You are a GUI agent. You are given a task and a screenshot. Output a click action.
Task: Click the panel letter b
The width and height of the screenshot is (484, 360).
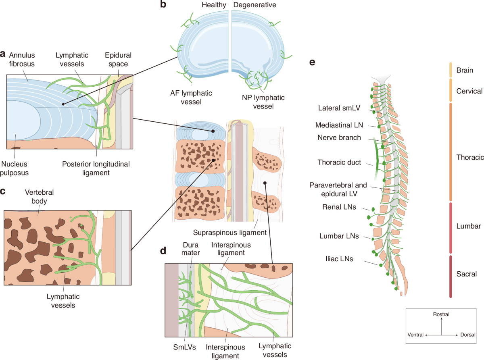(163, 4)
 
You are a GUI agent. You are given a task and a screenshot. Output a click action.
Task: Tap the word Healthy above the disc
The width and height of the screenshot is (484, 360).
(214, 5)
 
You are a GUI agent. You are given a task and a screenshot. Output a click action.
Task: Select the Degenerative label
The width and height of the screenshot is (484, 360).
(255, 5)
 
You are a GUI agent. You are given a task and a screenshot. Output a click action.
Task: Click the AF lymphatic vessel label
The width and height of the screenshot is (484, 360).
(191, 98)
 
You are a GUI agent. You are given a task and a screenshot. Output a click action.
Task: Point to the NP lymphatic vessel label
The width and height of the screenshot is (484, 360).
(263, 102)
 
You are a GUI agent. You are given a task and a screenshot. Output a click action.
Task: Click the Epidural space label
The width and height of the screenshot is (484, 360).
(118, 59)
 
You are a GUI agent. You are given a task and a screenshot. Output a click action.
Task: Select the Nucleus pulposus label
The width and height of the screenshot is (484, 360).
(15, 168)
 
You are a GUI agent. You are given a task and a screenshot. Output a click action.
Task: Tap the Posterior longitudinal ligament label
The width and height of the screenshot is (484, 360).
(96, 168)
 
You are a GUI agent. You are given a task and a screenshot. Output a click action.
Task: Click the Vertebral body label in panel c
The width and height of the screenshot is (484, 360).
(39, 197)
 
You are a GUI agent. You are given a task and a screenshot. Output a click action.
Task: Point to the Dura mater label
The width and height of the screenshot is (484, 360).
(191, 249)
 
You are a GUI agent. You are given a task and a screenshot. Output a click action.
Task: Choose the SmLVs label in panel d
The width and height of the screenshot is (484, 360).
(185, 347)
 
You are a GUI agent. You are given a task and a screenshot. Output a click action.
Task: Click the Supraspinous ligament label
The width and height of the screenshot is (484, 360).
(230, 233)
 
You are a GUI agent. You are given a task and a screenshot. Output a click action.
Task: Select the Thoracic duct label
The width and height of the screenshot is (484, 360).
(339, 162)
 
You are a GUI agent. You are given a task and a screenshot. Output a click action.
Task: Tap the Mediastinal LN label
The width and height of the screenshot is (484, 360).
(339, 125)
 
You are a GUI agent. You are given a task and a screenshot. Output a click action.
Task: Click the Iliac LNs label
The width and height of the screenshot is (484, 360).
(339, 259)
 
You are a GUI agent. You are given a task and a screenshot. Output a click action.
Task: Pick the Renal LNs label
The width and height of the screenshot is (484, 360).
(339, 207)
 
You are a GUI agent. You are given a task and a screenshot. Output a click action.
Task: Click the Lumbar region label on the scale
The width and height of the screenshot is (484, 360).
(469, 226)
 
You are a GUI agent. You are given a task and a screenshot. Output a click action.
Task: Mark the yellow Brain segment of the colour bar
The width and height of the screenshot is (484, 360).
(451, 70)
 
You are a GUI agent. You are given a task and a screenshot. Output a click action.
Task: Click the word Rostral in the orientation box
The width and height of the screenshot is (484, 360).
(441, 314)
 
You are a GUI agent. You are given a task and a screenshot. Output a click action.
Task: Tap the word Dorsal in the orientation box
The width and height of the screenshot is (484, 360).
(467, 335)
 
